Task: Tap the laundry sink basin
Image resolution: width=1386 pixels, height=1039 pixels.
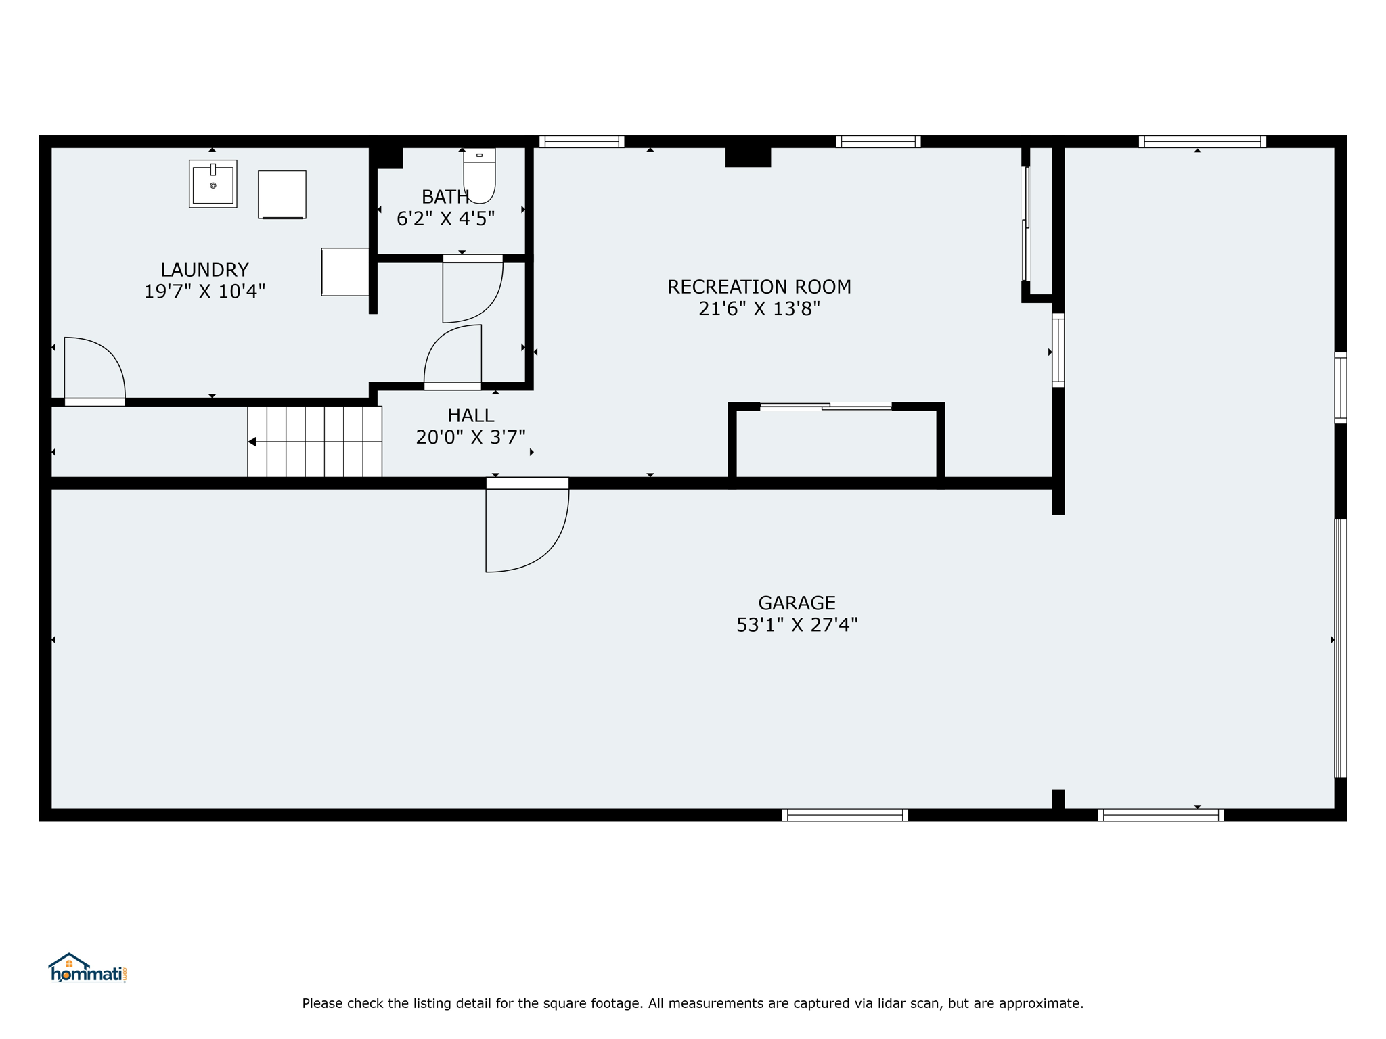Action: click(213, 184)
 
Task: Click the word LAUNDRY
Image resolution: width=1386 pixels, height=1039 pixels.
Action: click(204, 270)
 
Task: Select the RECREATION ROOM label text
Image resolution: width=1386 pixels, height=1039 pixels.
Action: click(759, 287)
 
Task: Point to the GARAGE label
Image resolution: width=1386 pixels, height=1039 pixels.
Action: click(797, 603)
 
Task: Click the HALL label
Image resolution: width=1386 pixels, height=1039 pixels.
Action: click(470, 415)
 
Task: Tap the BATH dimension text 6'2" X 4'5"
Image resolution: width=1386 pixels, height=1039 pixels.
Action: click(445, 218)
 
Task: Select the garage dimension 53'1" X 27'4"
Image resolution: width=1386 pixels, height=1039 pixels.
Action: click(797, 624)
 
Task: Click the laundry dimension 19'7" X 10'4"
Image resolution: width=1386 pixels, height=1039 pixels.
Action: click(204, 292)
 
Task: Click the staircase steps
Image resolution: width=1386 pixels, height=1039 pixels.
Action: click(315, 441)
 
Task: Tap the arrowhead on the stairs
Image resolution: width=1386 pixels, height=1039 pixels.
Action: click(252, 442)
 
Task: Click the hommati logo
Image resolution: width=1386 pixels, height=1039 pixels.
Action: click(87, 968)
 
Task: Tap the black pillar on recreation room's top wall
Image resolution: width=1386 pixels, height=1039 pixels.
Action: click(748, 157)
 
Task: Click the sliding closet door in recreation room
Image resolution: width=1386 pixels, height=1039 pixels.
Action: click(826, 407)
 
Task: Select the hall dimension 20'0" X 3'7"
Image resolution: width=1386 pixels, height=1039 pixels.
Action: click(470, 437)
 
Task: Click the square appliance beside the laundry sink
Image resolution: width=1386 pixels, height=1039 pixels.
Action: click(282, 195)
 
